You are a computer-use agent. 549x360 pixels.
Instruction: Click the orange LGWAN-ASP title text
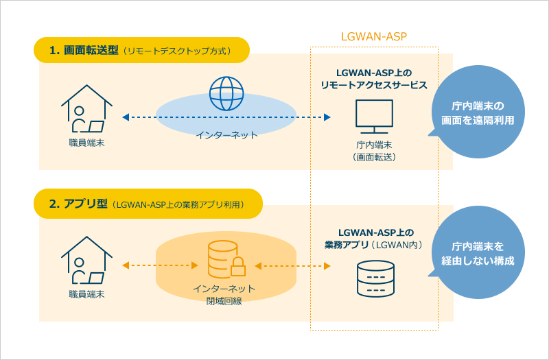pyautogui.click(x=375, y=36)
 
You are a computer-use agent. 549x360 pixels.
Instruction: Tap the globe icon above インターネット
pyautogui.click(x=226, y=93)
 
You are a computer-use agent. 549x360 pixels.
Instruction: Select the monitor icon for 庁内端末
pyautogui.click(x=374, y=117)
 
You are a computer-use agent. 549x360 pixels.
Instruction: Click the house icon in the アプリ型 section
pyautogui.click(x=86, y=261)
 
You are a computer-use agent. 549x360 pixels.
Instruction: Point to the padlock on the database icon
pyautogui.click(x=238, y=267)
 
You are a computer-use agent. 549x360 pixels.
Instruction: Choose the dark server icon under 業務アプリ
pyautogui.click(x=375, y=278)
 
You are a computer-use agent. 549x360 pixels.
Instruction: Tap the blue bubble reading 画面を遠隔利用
pyautogui.click(x=478, y=112)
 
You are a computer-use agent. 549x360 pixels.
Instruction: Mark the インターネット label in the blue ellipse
pyautogui.click(x=226, y=135)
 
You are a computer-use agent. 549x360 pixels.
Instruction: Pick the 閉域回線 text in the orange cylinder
pyautogui.click(x=226, y=300)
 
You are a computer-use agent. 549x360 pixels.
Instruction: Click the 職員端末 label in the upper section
pyautogui.click(x=86, y=143)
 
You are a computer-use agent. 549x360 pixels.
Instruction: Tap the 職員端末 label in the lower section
pyautogui.click(x=86, y=294)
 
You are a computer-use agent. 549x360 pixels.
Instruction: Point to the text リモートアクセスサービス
pyautogui.click(x=374, y=85)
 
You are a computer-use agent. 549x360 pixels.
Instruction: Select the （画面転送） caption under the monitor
pyautogui.click(x=374, y=157)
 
